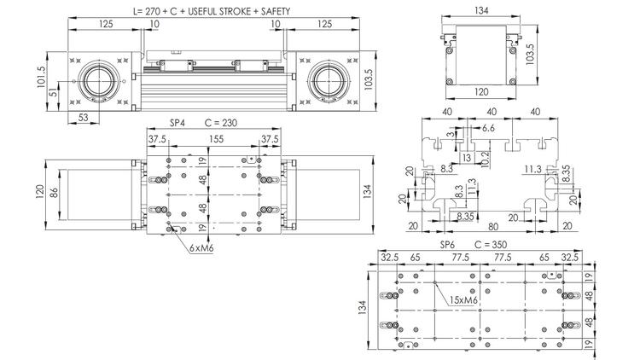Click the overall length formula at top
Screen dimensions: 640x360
point(212,11)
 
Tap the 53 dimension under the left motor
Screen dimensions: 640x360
point(83,118)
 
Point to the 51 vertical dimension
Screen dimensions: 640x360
point(53,93)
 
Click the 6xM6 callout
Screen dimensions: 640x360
point(201,247)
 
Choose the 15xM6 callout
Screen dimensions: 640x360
point(463,300)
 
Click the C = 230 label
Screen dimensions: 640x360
point(220,123)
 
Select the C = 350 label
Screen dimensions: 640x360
point(491,245)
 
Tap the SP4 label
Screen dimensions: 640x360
point(177,123)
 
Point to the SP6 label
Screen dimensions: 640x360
point(447,245)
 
